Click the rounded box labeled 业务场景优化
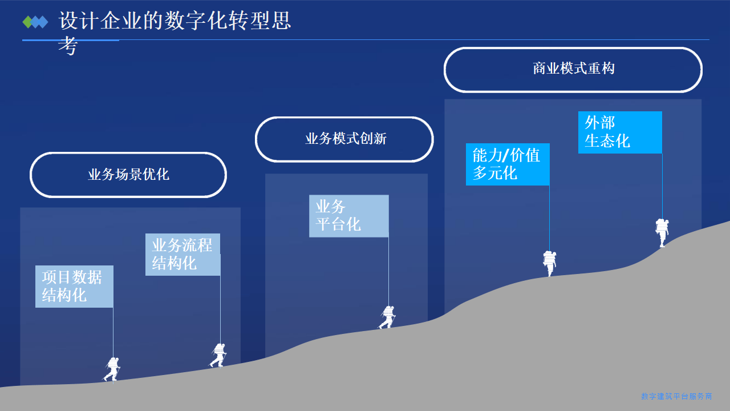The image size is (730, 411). pos(128,175)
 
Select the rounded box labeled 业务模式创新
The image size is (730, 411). pos(344,139)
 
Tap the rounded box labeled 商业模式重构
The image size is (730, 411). pos(573,69)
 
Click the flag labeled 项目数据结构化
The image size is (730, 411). pos(74,287)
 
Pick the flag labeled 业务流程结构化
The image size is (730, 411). pos(182,255)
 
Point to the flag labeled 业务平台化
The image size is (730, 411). pos(348,216)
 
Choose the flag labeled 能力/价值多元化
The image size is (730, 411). pos(508,164)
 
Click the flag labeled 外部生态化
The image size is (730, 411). pos(620,132)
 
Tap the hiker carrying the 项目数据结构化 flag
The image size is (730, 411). pos(112,368)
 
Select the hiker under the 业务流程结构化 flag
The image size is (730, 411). pos(218,355)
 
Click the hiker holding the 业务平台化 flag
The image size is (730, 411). pos(387,317)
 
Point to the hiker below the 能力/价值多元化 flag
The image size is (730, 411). pos(549,263)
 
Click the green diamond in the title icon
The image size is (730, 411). pos(27,22)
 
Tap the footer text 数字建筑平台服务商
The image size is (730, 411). pos(676,396)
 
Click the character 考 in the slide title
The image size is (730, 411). pos(67,47)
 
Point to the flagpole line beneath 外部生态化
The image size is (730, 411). pos(662,186)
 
